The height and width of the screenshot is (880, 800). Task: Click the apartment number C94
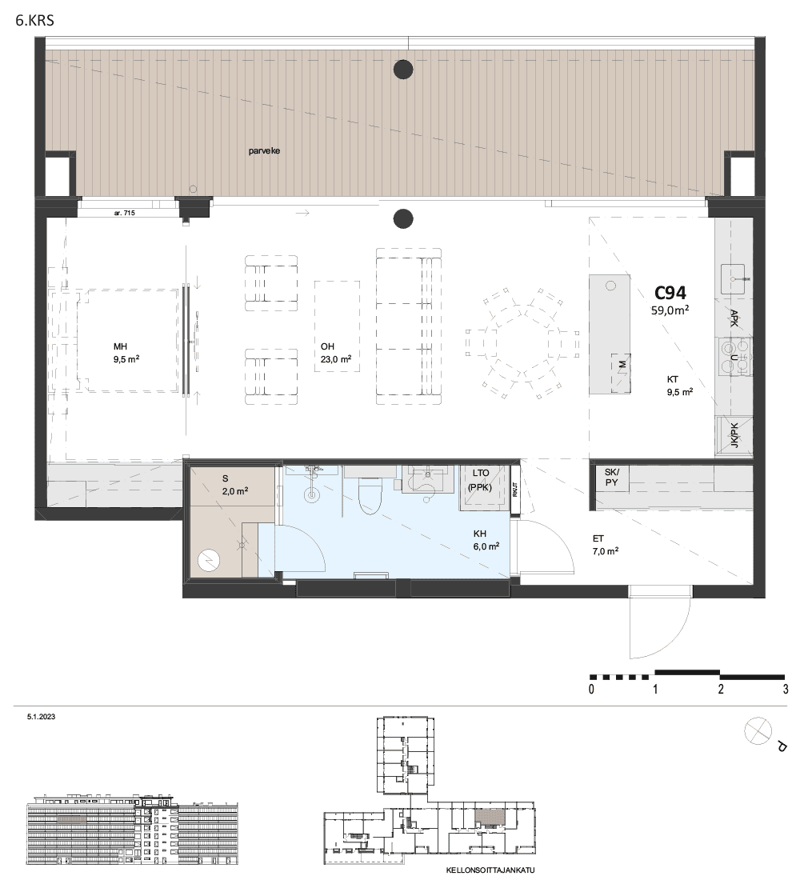[x=670, y=292]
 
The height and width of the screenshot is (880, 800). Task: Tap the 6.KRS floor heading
[x=35, y=22]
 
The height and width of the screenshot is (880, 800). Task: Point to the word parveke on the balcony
[x=265, y=151]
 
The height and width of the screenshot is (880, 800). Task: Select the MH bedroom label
[x=126, y=353]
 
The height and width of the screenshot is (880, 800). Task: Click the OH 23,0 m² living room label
[x=336, y=353]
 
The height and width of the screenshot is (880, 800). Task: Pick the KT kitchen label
[x=680, y=386]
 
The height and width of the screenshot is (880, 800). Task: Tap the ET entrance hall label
[x=606, y=545]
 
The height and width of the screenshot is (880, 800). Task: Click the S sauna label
[x=235, y=485]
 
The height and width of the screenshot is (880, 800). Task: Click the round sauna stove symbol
[x=208, y=559]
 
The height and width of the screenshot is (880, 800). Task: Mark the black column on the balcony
[x=403, y=70]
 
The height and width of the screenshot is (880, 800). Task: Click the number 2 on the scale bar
[x=720, y=689]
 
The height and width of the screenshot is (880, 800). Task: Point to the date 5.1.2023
[x=41, y=717]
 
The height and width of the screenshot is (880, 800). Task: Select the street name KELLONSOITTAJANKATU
[x=490, y=870]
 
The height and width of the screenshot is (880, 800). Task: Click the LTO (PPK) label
[x=480, y=481]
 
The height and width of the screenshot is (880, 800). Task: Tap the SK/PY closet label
[x=612, y=478]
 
